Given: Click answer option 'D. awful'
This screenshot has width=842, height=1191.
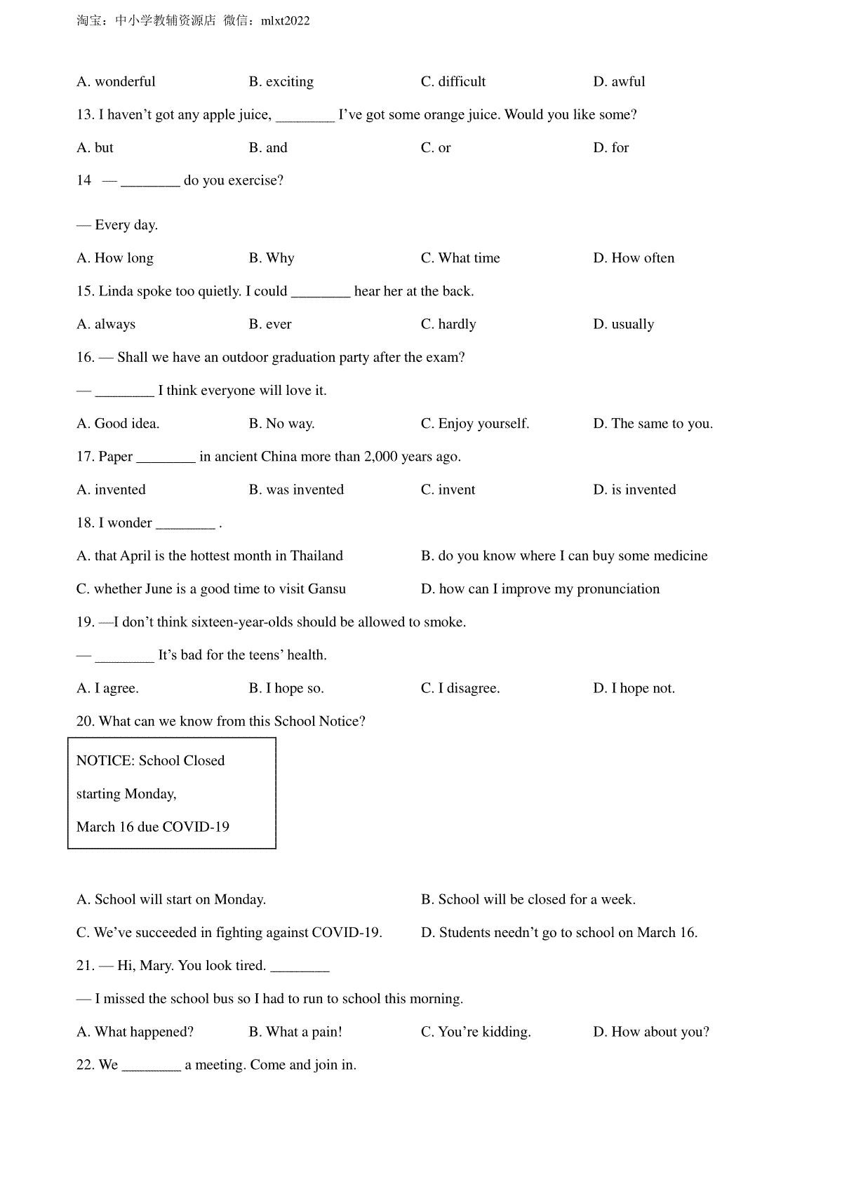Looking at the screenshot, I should [619, 81].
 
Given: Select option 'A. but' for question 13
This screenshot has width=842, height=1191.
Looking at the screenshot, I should [95, 147].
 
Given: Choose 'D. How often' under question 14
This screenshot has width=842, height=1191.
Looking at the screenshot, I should [634, 258].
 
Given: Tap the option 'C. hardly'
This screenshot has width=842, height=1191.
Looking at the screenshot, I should [448, 324].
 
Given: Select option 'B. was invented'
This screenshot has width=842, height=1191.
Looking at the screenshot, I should [296, 490].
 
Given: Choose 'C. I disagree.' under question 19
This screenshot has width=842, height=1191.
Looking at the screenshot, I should [460, 688].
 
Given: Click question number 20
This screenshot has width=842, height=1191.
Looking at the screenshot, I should [85, 722].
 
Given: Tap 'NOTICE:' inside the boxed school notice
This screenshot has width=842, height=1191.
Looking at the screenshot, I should [105, 761].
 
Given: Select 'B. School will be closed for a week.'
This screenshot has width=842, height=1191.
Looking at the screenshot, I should [528, 899].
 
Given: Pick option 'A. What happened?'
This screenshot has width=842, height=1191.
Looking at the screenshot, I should [135, 1032].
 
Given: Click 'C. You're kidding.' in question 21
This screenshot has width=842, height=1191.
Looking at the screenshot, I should [476, 1032].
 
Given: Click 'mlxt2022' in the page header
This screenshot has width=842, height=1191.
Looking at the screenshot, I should [285, 21].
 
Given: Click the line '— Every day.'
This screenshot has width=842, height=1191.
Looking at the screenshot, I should [117, 225].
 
